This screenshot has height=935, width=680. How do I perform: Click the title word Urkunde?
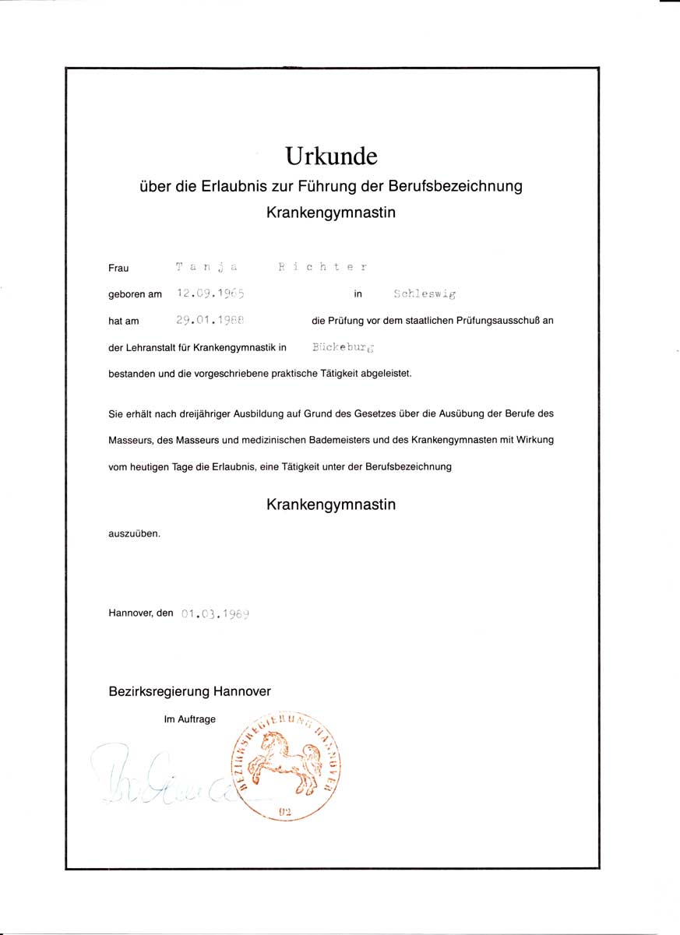coord(331,156)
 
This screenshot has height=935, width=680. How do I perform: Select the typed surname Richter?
coord(322,267)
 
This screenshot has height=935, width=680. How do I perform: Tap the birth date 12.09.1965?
coord(210,294)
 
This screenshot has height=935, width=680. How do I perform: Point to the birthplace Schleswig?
coord(425,294)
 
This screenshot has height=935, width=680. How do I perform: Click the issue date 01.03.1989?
coord(215,613)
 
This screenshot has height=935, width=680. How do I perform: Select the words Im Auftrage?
coord(189,719)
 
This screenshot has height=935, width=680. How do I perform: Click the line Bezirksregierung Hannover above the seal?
coord(190,691)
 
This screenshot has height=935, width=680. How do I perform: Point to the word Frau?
coord(118,268)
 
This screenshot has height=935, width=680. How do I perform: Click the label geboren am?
coord(135,294)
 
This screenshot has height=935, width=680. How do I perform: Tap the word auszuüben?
coord(134,534)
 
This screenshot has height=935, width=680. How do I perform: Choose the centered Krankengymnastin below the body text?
coord(331,504)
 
